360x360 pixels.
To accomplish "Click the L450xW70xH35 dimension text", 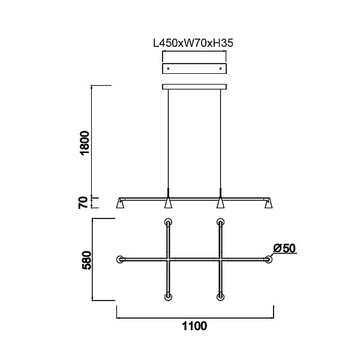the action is coord(193,43).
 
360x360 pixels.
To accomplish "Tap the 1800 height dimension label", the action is coord(85,143).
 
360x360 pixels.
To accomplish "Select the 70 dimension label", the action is coord(83,203).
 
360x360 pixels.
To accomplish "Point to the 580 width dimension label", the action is coord(87,260).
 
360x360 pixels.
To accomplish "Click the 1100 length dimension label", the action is coord(194,326).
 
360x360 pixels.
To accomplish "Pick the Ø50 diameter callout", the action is coord(284,248).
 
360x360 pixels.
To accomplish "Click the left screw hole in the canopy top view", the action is coord(168,68).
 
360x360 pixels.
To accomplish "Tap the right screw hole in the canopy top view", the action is coord(221,68).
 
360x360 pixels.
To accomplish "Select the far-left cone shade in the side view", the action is coord(121,203).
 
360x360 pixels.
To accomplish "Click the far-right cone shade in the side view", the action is coord(269,203).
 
